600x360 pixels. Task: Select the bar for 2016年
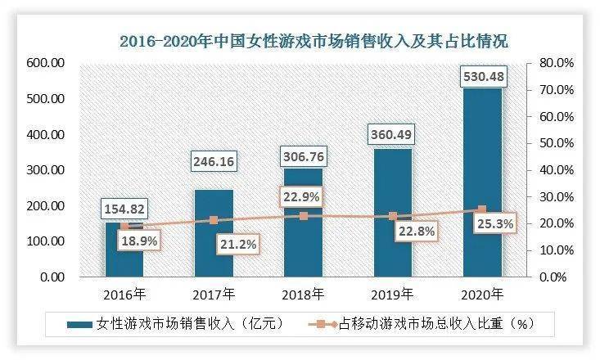tap(124, 254)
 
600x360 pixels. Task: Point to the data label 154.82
tap(124, 209)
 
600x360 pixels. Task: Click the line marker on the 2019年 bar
tap(392, 217)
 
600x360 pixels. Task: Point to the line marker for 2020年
tap(481, 209)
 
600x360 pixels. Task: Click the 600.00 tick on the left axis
tap(46, 63)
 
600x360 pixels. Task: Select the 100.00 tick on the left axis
tap(46, 241)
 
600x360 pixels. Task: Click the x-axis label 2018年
tap(303, 293)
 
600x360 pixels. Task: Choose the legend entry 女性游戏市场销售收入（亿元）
tap(176, 324)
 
